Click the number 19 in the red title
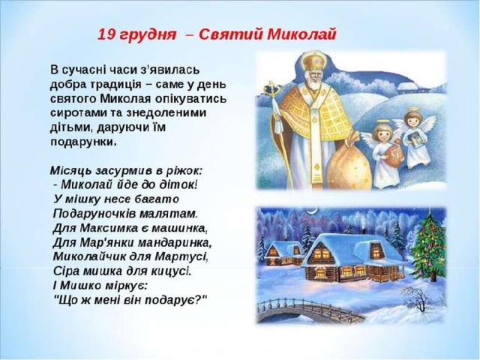[x=106, y=34]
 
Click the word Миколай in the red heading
[x=301, y=34]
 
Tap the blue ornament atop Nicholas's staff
[x=272, y=89]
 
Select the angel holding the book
[x=415, y=138]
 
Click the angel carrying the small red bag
[x=382, y=153]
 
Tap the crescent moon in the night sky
[x=313, y=210]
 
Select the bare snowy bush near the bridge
[x=417, y=298]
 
